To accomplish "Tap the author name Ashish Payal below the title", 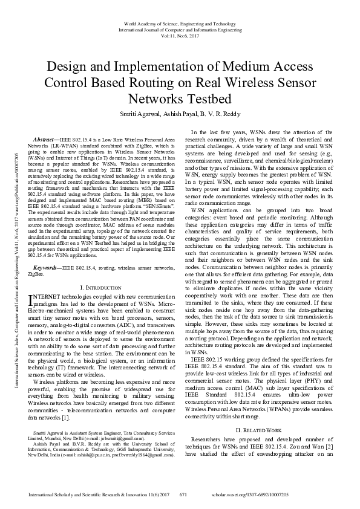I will [182, 112].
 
